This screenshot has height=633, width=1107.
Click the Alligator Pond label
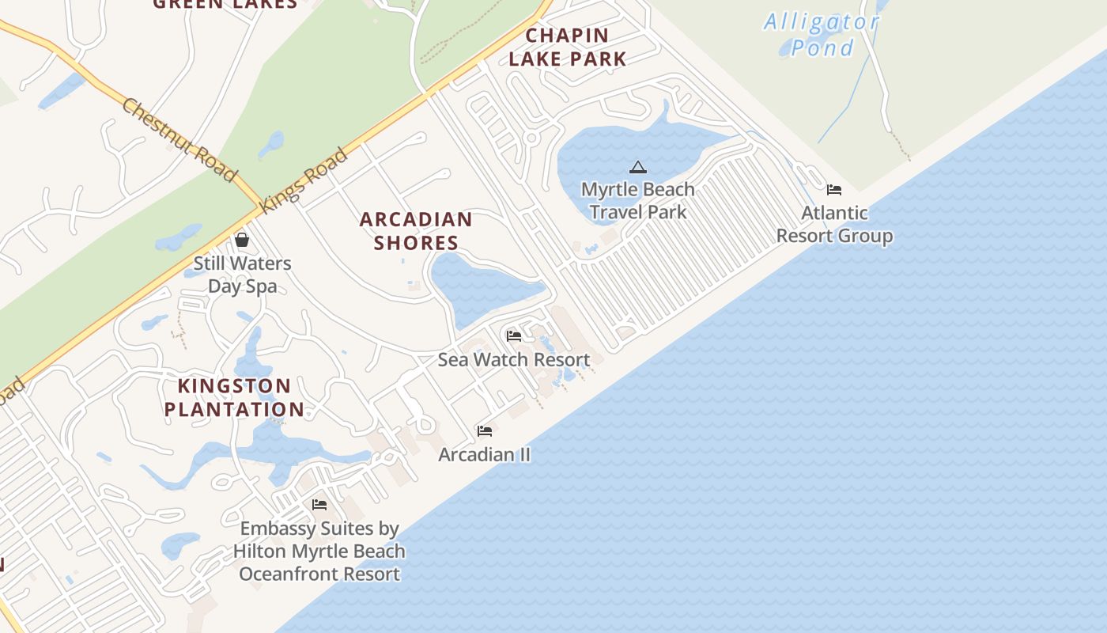pyautogui.click(x=821, y=35)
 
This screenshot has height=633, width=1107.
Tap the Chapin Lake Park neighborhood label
pyautogui.click(x=568, y=47)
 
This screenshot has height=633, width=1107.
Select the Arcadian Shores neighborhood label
pyautogui.click(x=416, y=230)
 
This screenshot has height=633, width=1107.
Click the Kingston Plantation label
pyautogui.click(x=234, y=397)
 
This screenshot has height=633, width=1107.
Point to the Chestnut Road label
pyautogui.click(x=179, y=140)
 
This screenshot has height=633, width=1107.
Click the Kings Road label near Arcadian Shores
pyautogui.click(x=304, y=179)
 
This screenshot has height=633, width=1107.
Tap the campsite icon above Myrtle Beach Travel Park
pyautogui.click(x=638, y=167)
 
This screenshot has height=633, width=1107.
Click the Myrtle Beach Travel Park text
pyautogui.click(x=638, y=200)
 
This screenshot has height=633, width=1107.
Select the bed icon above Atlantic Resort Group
pyautogui.click(x=834, y=190)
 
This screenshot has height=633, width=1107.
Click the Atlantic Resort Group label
pyautogui.click(x=834, y=224)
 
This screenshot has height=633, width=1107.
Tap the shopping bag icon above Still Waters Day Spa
pyautogui.click(x=242, y=239)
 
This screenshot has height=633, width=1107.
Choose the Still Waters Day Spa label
pyautogui.click(x=243, y=274)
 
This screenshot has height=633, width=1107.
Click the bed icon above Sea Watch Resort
pyautogui.click(x=514, y=336)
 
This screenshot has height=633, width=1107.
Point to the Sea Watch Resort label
pyautogui.click(x=514, y=359)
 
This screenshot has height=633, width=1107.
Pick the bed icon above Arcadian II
pyautogui.click(x=485, y=431)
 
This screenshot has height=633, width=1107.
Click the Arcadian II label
pyautogui.click(x=485, y=454)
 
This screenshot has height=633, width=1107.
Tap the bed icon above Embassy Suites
pyautogui.click(x=319, y=505)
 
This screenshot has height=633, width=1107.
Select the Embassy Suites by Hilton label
pyautogui.click(x=319, y=551)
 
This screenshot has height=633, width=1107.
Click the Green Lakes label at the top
pyautogui.click(x=225, y=3)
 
